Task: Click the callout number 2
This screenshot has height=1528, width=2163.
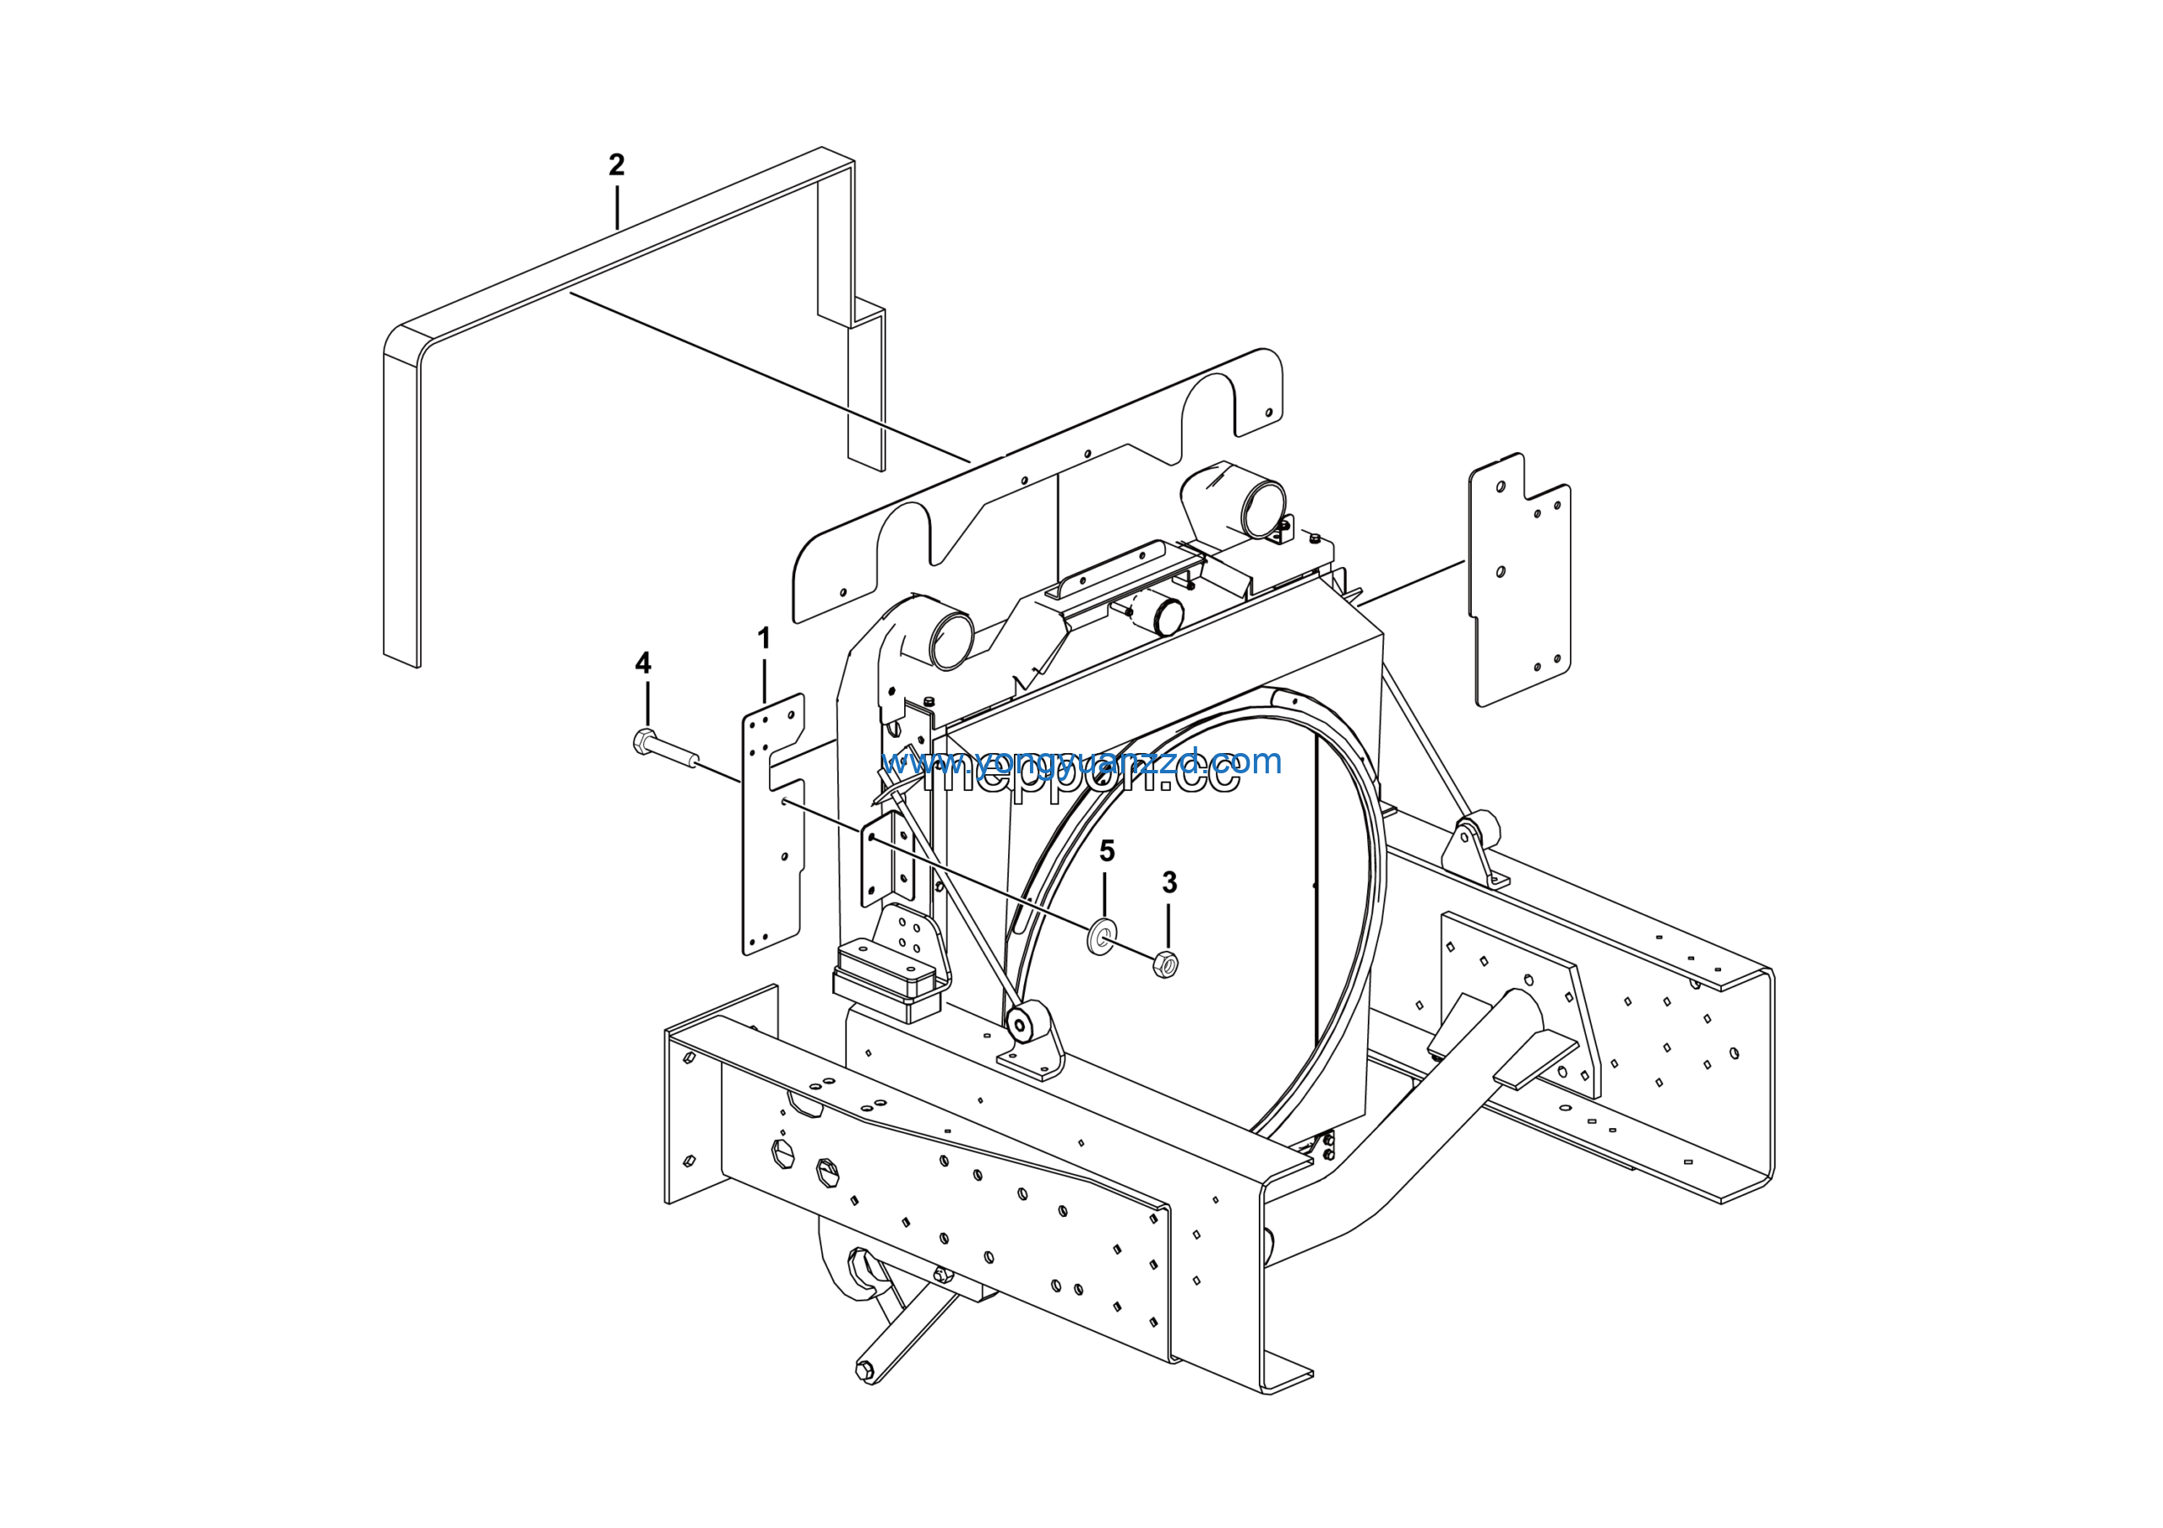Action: click(616, 165)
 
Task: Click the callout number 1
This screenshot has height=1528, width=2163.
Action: click(764, 639)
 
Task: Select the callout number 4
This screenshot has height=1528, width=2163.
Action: click(642, 663)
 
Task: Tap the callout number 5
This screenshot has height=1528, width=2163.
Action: click(1107, 852)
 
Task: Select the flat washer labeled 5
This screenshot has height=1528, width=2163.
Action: click(1100, 937)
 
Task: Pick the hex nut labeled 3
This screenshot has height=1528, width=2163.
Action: click(1165, 963)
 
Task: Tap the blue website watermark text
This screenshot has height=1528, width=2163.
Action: click(1081, 761)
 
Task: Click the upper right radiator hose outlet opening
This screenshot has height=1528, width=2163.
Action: click(1262, 509)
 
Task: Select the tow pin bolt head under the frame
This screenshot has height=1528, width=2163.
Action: click(864, 1371)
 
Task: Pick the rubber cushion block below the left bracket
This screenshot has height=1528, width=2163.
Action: click(885, 980)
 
